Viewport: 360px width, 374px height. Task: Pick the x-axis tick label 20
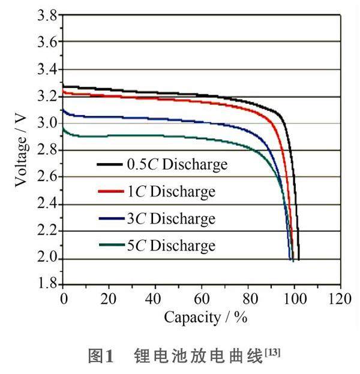click(109, 298)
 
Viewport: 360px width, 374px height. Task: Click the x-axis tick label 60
click(202, 298)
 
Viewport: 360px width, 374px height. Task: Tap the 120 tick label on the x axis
click(340, 298)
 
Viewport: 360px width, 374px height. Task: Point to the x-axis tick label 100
click(294, 298)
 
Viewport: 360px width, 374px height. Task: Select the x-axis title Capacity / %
click(206, 318)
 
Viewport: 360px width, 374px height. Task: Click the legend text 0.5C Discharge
click(177, 164)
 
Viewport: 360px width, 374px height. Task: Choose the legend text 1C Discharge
click(171, 192)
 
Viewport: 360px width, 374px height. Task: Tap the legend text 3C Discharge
click(171, 219)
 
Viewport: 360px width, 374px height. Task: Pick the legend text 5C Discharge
click(171, 245)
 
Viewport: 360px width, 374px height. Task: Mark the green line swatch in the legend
click(110, 245)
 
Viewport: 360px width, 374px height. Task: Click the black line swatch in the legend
click(110, 164)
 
